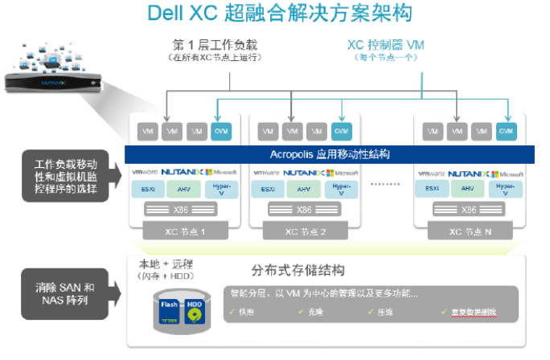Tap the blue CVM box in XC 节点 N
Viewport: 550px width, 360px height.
(506, 130)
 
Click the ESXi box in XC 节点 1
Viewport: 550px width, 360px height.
(148, 190)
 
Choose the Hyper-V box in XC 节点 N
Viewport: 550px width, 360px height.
(506, 190)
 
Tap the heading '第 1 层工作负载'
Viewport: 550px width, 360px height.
(215, 44)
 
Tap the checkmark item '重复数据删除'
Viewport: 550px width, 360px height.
(468, 310)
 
